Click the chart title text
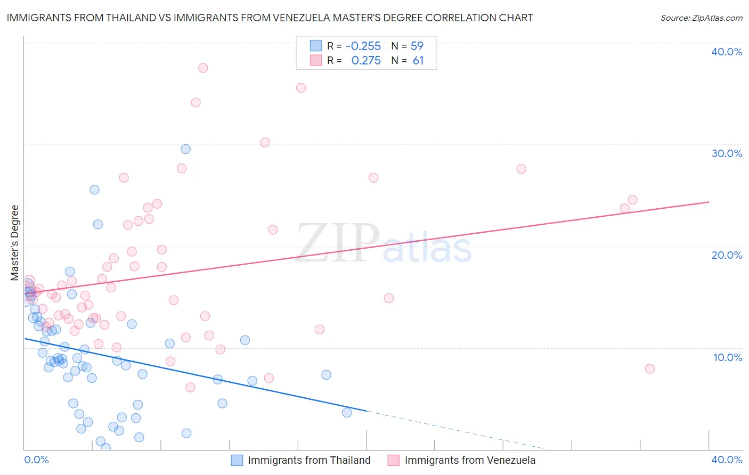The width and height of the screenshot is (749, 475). point(270,18)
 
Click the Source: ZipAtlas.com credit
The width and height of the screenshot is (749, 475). point(701,18)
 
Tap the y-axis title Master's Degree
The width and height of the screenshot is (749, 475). point(15,242)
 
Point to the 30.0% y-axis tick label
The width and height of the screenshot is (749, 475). point(727,153)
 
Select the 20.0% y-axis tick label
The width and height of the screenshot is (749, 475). point(727,255)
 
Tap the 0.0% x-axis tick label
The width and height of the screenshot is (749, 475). point(36,460)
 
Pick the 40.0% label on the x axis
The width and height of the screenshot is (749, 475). point(727,460)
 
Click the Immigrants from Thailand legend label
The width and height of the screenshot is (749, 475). point(309,460)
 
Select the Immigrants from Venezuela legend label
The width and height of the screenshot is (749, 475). point(470,460)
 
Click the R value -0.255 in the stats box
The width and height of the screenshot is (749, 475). point(363,46)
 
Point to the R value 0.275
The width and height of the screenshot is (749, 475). point(366,61)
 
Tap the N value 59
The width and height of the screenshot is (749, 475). point(417,46)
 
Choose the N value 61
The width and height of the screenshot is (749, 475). point(418,61)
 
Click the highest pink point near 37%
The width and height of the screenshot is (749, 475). point(203,68)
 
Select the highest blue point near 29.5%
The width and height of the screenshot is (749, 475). point(186,149)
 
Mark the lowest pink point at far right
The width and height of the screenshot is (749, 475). point(649,368)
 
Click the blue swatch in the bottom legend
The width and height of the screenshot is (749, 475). point(237,460)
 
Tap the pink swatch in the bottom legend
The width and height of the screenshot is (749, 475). point(394,460)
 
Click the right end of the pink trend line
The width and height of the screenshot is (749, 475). point(709,202)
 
